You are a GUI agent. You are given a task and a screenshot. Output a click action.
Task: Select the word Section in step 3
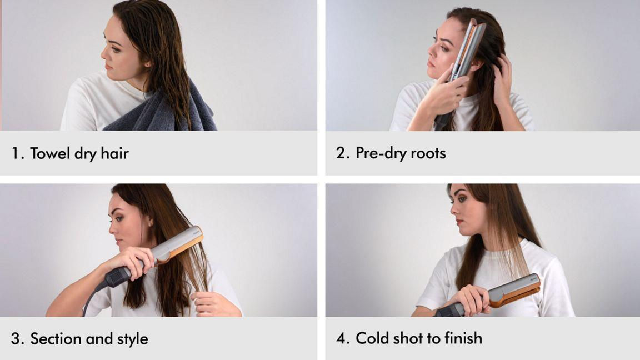[56, 339]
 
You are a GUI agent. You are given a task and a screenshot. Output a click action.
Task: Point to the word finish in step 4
[463, 338]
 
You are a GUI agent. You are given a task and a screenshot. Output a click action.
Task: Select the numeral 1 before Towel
[16, 153]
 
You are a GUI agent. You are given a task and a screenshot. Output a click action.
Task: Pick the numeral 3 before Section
[16, 339]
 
